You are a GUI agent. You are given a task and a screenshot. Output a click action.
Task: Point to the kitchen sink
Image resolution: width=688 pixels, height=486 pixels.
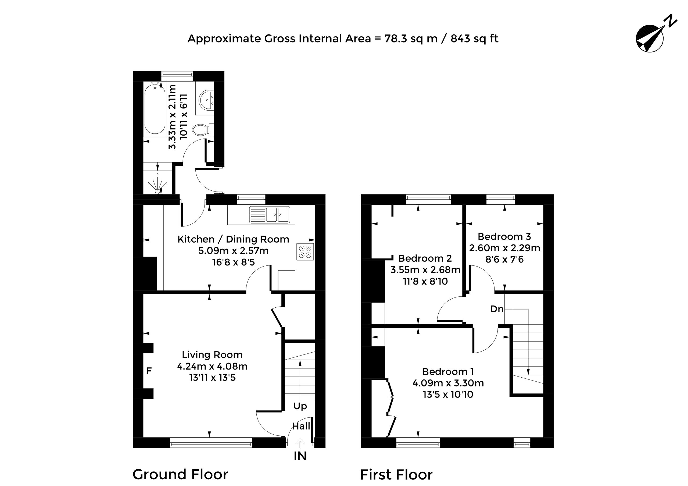pos(269,214)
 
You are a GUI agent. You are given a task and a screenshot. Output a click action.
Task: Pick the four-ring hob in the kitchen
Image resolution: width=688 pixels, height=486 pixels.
pos(305,252)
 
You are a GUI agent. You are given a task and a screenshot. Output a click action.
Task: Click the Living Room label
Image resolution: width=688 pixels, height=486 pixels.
pos(212,355)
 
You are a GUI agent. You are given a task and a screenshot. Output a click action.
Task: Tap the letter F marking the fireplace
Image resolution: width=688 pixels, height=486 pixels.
pos(149,371)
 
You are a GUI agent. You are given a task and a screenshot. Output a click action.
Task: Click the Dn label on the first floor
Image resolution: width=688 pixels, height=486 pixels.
pos(497,309)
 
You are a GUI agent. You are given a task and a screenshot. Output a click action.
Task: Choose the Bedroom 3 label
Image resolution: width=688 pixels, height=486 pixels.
pos(504,237)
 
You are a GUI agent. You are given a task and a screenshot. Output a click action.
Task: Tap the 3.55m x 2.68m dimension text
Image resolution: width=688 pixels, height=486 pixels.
pos(425,270)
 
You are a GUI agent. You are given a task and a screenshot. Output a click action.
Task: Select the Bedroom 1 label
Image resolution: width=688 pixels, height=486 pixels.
pos(448,371)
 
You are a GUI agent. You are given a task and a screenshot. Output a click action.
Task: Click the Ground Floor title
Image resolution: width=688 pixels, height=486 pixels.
pos(180,474)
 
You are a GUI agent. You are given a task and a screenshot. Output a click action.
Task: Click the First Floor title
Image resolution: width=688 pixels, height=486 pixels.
pos(396,475)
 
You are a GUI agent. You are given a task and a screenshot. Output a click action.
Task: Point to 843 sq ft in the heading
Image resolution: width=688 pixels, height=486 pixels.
pos(474,39)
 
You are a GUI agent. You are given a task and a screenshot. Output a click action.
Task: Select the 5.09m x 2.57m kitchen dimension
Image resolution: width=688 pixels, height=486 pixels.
pos(234,251)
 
